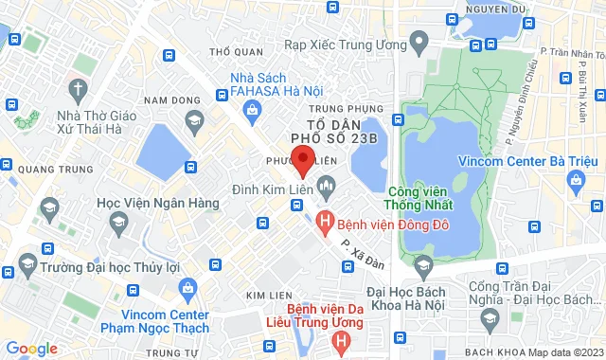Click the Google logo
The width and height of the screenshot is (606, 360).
(30, 348)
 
